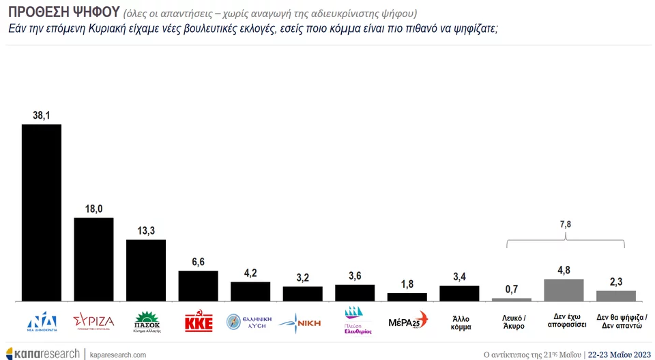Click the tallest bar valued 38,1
(42, 212)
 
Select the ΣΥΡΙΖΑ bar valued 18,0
(93, 259)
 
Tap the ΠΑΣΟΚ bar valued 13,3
(146, 270)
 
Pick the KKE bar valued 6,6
(198, 286)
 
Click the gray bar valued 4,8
(564, 290)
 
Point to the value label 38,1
(42, 116)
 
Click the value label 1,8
(407, 284)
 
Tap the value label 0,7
(511, 289)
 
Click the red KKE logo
(199, 322)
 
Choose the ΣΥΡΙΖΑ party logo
(93, 321)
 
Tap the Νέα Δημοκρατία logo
(42, 321)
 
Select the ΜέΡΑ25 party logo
(407, 320)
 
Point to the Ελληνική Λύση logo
(250, 321)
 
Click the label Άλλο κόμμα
(459, 322)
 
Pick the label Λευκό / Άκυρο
(511, 322)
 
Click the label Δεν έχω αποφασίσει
(564, 322)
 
